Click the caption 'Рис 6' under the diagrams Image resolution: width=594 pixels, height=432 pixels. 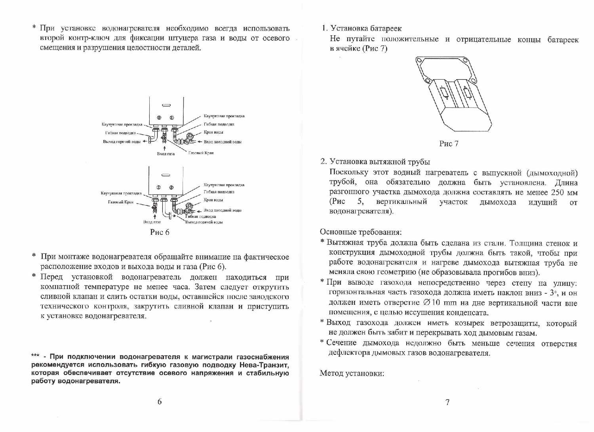160,232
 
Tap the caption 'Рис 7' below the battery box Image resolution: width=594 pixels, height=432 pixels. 449,144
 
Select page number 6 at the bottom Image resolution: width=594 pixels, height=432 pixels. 160,402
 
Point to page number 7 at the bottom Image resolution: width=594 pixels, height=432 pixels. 447,402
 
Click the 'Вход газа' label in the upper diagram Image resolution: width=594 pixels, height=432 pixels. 166,154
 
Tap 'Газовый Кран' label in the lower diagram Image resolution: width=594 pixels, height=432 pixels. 120,202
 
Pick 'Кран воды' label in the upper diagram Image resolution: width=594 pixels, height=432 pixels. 213,132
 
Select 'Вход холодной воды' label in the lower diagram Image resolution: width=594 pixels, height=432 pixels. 222,210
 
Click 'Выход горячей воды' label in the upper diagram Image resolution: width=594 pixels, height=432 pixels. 122,142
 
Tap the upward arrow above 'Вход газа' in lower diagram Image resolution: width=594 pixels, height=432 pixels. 154,216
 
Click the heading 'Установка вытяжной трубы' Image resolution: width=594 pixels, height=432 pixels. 380,162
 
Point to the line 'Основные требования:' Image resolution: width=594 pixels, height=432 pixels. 361,232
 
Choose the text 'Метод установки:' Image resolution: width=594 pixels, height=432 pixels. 352,373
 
